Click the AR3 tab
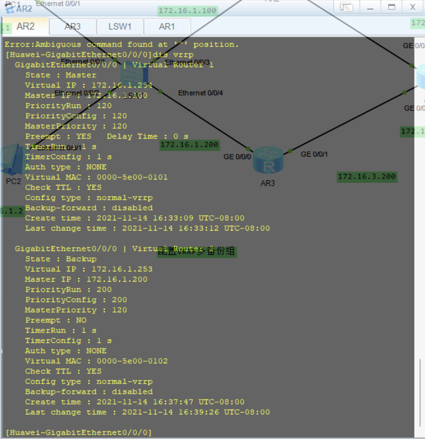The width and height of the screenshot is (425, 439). (72, 27)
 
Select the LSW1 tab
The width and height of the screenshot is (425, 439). (120, 27)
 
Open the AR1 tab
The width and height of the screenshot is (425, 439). (167, 27)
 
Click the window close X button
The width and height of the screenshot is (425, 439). (413, 7)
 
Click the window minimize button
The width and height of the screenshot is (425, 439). (371, 7)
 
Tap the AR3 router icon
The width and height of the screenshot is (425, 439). (268, 160)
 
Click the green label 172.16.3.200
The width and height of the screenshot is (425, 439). (367, 177)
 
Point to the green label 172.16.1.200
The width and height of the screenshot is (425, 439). (189, 145)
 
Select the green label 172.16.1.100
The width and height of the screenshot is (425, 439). (187, 11)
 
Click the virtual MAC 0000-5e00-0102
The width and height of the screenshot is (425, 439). (132, 361)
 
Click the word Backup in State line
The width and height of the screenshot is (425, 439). (81, 259)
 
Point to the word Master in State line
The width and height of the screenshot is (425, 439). (81, 75)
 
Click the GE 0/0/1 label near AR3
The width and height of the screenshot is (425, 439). (314, 154)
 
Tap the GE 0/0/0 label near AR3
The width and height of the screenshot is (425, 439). (237, 157)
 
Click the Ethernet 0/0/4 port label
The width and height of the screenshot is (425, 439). (200, 93)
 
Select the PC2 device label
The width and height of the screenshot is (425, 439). (13, 182)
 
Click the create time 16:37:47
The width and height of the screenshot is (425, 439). (178, 402)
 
